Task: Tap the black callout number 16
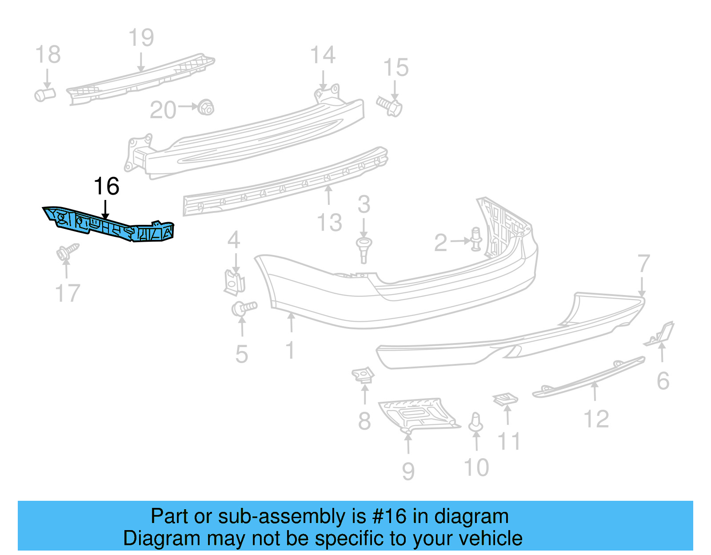107,186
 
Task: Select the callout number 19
141,38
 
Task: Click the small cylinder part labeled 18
45,94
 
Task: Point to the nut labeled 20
206,107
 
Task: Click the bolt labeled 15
390,106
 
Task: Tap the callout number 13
329,222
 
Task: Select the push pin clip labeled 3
364,249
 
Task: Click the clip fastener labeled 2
476,239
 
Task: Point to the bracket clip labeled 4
234,283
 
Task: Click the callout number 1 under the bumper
290,350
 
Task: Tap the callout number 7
643,264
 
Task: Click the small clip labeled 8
363,375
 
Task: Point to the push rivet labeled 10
476,423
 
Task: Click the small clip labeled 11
506,399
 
